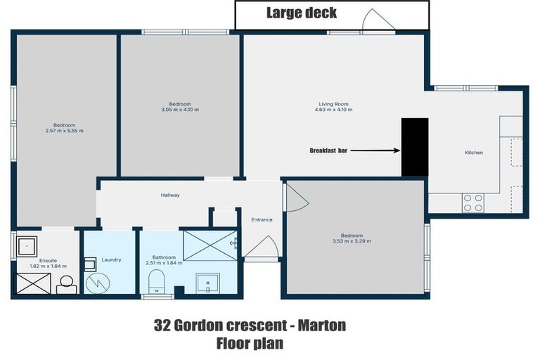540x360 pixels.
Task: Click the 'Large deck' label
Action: [302, 13]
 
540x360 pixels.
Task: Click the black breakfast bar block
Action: [415, 147]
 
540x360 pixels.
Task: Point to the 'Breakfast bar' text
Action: [328, 150]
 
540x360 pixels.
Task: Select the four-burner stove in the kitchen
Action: [473, 202]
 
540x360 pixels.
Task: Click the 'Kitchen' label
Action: [474, 153]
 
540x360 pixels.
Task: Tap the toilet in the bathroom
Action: [157, 281]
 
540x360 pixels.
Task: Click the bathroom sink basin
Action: [207, 283]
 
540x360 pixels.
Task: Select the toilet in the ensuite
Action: [67, 284]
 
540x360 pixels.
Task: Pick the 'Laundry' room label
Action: [111, 260]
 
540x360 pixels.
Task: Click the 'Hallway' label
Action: [170, 195]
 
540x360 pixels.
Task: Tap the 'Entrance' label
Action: [262, 220]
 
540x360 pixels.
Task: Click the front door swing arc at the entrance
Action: [265, 247]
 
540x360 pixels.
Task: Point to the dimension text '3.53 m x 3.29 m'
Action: [352, 241]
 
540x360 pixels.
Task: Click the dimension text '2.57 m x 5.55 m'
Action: [64, 131]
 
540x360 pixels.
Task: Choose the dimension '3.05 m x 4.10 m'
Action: [180, 110]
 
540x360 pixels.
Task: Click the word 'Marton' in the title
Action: [322, 326]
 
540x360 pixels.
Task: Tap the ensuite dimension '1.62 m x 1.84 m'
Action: [48, 266]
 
